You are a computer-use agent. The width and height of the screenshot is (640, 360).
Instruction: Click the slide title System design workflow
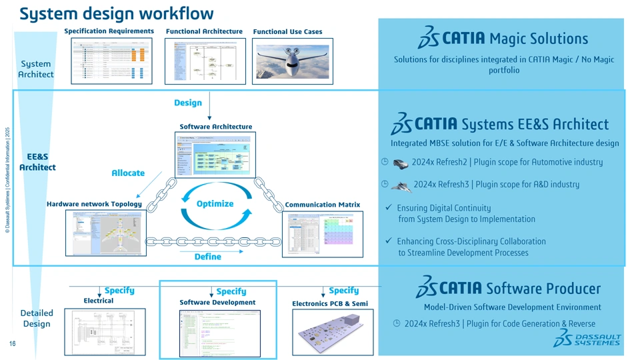117,13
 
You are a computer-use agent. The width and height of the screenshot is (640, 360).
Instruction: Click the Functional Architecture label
204,31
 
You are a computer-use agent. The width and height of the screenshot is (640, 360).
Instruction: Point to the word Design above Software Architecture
188,103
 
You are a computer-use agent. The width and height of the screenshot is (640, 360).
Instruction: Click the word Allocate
128,173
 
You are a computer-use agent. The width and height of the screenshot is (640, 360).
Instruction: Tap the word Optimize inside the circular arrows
215,203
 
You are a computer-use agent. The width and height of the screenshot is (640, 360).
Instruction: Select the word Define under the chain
207,257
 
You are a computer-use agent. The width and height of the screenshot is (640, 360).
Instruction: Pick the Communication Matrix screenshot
323,234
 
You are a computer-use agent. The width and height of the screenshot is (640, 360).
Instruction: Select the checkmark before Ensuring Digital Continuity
388,208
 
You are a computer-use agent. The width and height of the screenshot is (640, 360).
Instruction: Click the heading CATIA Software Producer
508,288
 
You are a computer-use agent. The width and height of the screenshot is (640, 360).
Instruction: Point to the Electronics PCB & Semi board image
330,331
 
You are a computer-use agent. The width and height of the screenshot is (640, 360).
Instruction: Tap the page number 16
12,344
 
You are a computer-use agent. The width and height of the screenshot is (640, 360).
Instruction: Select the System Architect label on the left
36,69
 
